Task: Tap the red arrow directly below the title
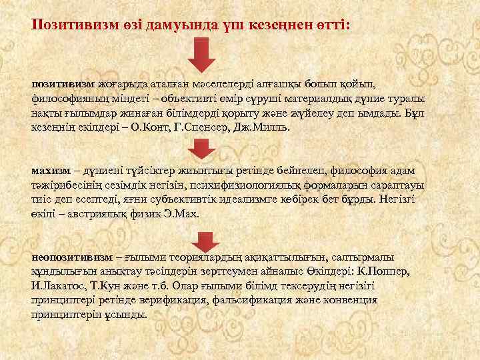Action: coord(201,55)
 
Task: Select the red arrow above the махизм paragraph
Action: coord(201,149)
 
